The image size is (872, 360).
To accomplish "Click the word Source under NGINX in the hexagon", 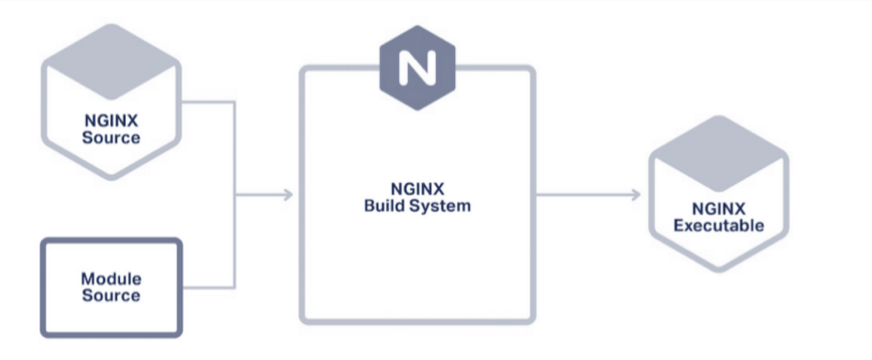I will [110, 137].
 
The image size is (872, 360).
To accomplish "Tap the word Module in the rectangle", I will [110, 279].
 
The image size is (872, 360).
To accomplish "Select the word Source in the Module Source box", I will [110, 295].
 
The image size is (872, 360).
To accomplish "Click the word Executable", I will [719, 225].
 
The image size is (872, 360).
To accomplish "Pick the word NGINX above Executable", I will [719, 209].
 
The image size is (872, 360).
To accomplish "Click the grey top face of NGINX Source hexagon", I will [110, 61].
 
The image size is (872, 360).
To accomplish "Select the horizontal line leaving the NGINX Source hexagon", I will [209, 102].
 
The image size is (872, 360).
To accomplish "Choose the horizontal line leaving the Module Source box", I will [209, 287].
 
